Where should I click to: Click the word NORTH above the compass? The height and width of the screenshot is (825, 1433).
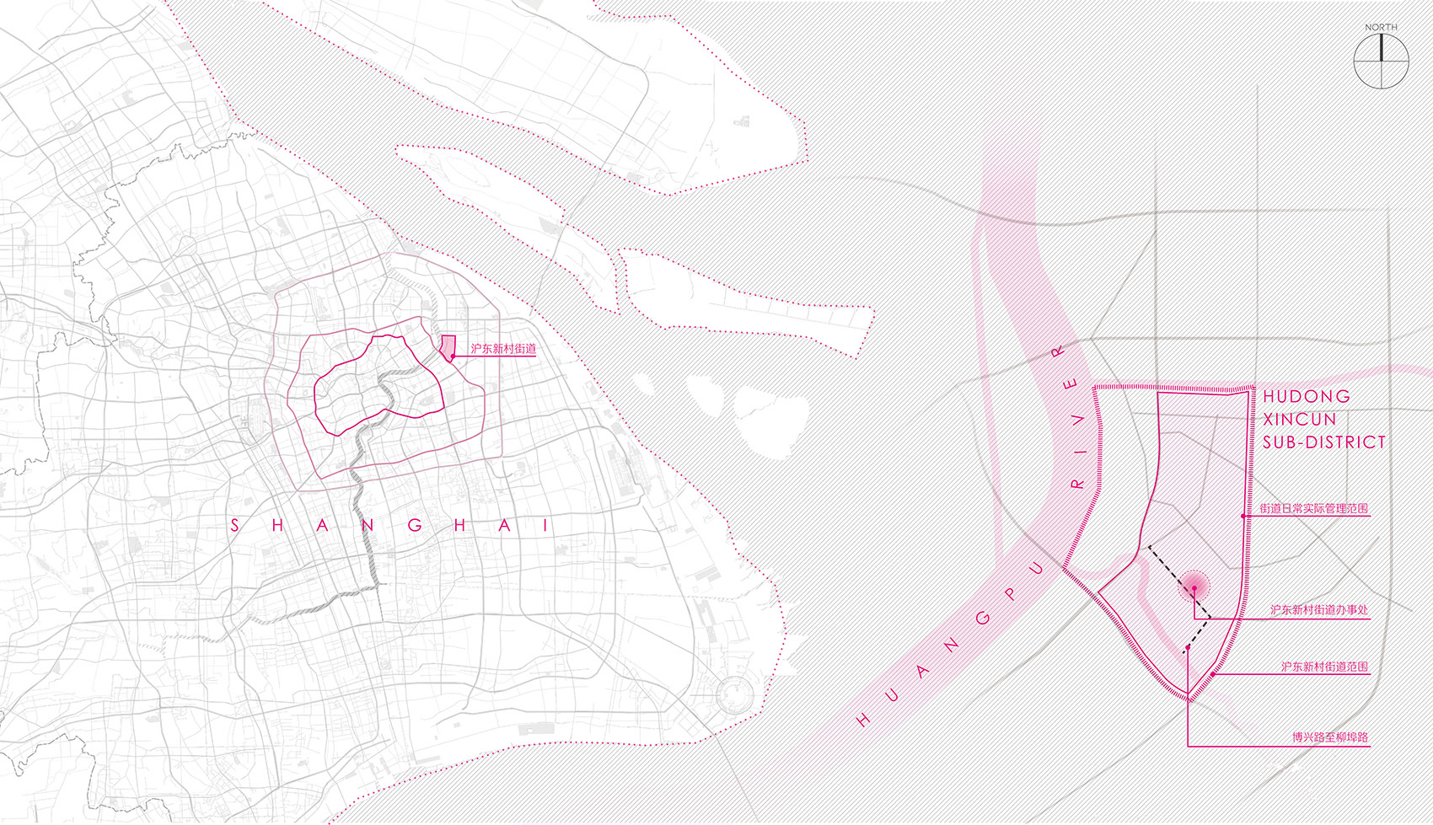point(1381,28)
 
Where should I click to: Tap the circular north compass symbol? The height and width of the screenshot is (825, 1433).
point(1381,62)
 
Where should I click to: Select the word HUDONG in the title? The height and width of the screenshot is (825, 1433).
point(1306,396)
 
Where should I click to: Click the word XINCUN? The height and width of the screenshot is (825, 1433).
point(1299,419)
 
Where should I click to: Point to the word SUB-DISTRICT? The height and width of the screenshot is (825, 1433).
point(1323,442)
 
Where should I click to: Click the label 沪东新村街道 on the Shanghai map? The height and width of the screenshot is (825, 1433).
point(503,348)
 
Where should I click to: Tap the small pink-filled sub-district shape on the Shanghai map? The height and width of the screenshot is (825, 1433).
point(448,346)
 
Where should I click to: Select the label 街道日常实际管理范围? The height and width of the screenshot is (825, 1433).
point(1313,508)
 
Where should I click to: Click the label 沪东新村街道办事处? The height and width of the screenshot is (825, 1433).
point(1318,609)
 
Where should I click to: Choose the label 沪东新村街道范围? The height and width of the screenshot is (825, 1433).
point(1324,667)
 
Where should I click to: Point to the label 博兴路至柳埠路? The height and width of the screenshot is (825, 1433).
point(1329,737)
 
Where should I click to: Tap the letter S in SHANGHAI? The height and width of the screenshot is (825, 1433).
point(234,526)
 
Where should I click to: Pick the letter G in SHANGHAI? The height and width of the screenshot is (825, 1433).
point(415,526)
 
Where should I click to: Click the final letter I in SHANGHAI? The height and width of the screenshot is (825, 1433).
point(545,526)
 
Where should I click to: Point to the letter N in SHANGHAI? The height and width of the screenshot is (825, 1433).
point(368,526)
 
